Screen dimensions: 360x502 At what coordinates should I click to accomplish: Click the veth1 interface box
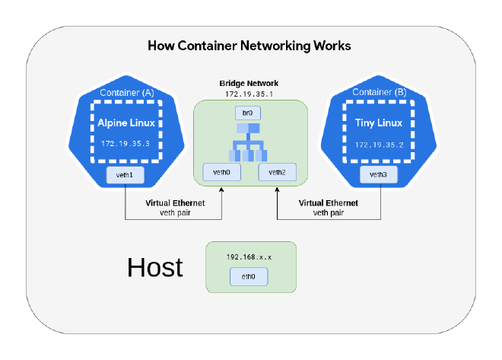click(125, 175)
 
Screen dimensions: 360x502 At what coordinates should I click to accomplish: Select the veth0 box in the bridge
click(222, 173)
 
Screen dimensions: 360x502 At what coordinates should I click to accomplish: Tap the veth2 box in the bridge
click(277, 173)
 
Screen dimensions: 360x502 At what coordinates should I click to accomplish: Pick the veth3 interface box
click(378, 175)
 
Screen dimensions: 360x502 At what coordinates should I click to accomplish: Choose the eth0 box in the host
click(249, 277)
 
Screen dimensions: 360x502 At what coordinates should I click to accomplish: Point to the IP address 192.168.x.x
click(249, 257)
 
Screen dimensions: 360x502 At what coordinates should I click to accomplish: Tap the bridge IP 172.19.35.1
click(249, 94)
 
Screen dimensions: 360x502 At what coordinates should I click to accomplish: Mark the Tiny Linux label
click(378, 123)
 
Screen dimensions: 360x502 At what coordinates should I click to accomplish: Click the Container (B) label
click(378, 93)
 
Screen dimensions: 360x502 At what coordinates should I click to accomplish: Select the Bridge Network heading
click(249, 83)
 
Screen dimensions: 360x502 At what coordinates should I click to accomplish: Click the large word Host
click(155, 268)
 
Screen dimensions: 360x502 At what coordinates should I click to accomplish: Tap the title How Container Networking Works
click(249, 46)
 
